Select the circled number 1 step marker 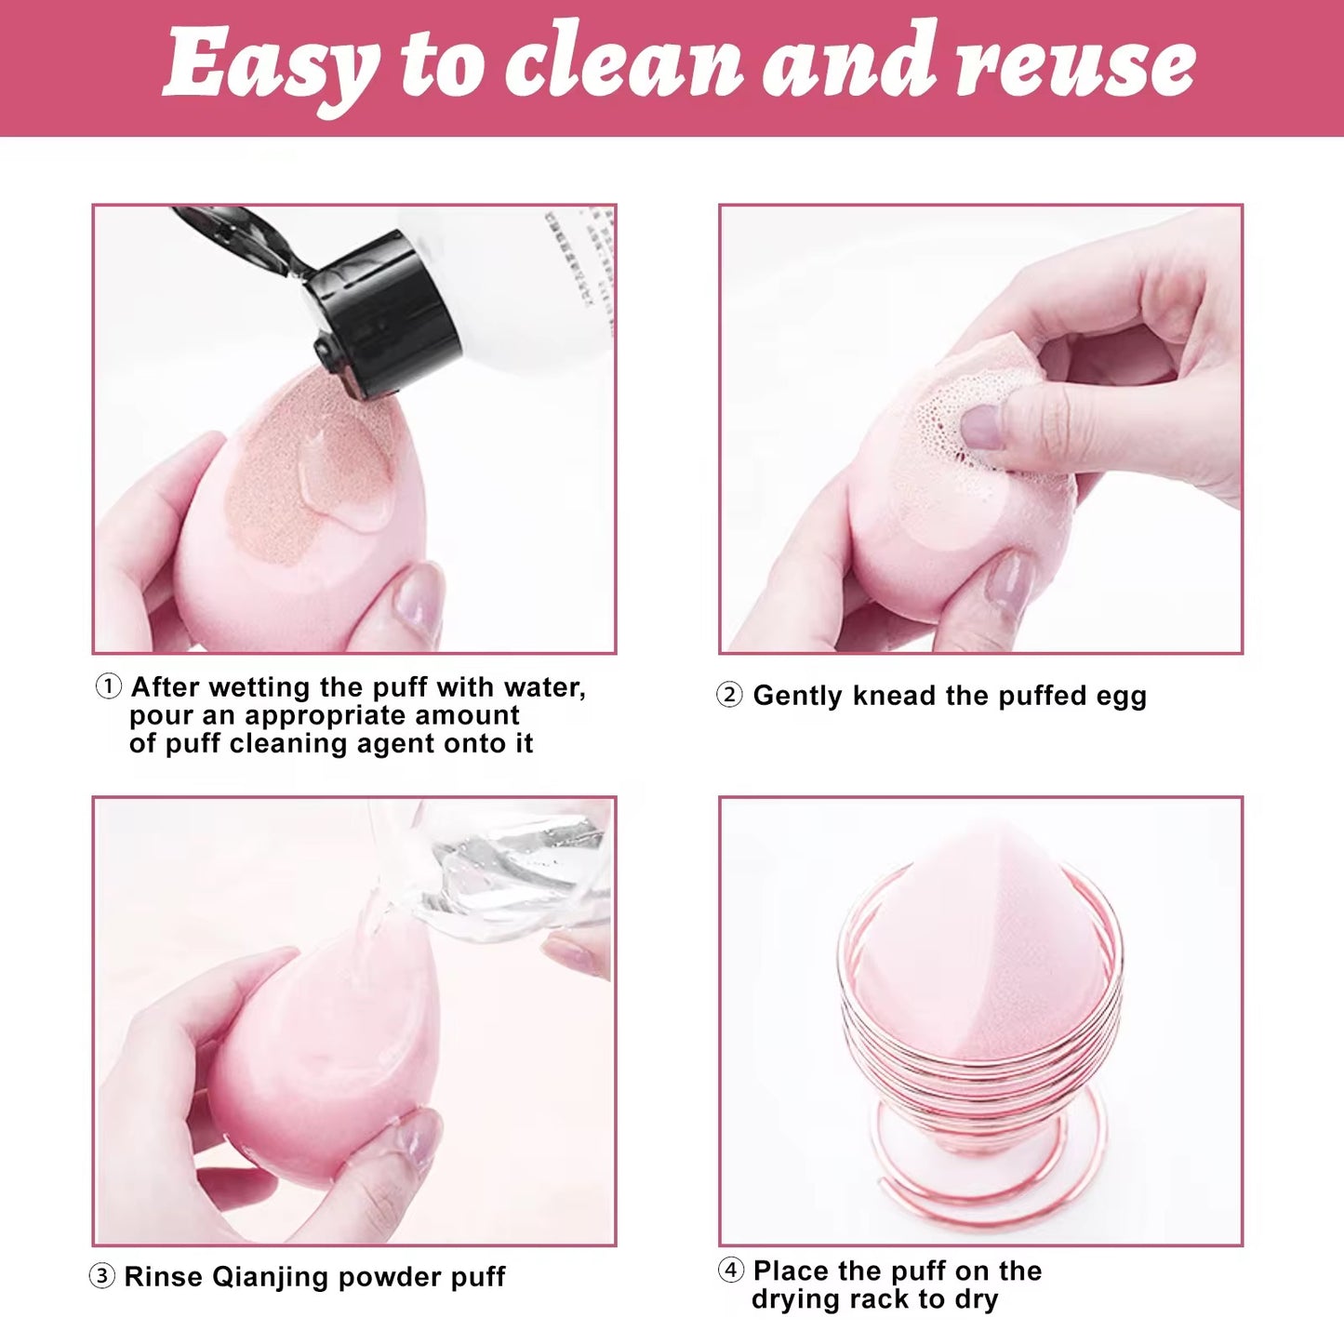pos(109,687)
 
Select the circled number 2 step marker pos(729,695)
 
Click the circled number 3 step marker pos(101,1276)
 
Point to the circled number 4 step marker pos(731,1270)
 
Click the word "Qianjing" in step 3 pos(270,1277)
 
